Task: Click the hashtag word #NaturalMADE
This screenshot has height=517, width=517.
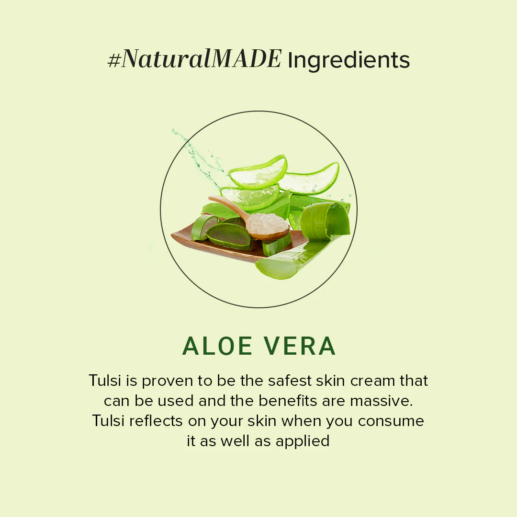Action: coord(194,60)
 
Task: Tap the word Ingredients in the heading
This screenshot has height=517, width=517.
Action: coord(348,60)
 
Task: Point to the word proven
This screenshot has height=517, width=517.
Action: coord(167,382)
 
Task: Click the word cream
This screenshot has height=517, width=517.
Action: coord(372,381)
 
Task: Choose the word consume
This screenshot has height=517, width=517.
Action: coord(391,421)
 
